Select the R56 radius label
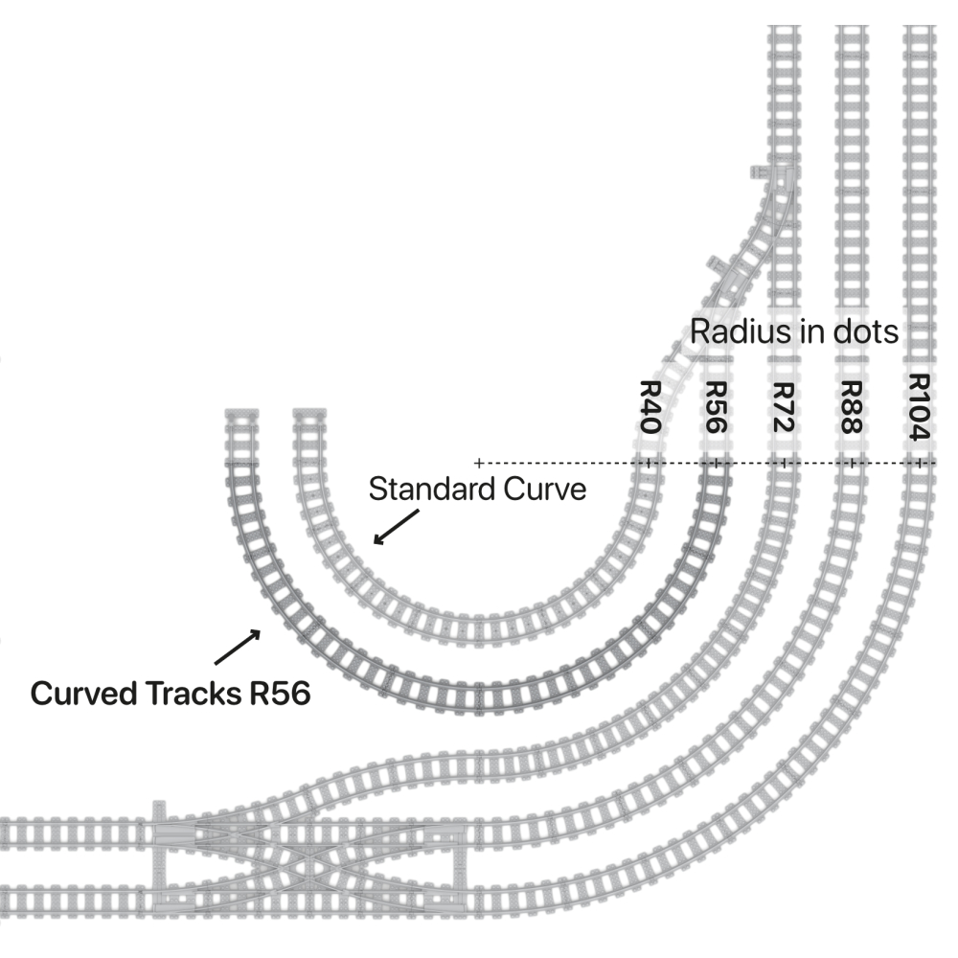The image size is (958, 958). pos(715,407)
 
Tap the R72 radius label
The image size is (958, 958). pos(783,407)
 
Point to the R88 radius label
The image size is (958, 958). pos(851,407)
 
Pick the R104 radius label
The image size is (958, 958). pos(920,407)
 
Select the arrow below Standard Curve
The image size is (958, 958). pos(395,527)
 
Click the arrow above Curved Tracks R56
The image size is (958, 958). pos(237,647)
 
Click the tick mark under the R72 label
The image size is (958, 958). pos(784,463)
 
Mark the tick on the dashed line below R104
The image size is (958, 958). pos(920,463)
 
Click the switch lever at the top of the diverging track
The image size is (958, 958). pos(763,173)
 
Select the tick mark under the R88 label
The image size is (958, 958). pos(852,463)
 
